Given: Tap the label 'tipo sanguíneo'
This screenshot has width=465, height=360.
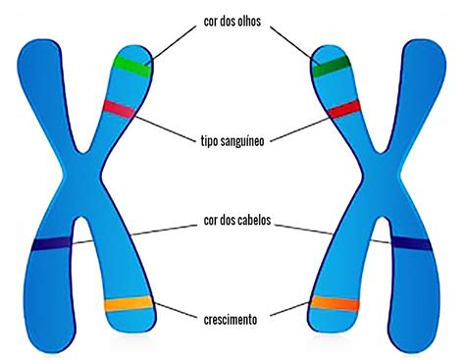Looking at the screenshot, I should point(232,139).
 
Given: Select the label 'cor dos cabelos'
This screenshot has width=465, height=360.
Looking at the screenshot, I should point(232,223).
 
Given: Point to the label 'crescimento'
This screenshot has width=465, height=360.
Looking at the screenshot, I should point(232,318).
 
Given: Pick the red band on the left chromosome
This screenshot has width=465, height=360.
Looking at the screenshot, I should point(119,107).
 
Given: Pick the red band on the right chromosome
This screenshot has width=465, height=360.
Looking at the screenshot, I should point(344,109).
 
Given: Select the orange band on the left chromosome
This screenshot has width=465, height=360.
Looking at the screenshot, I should point(128,304).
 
